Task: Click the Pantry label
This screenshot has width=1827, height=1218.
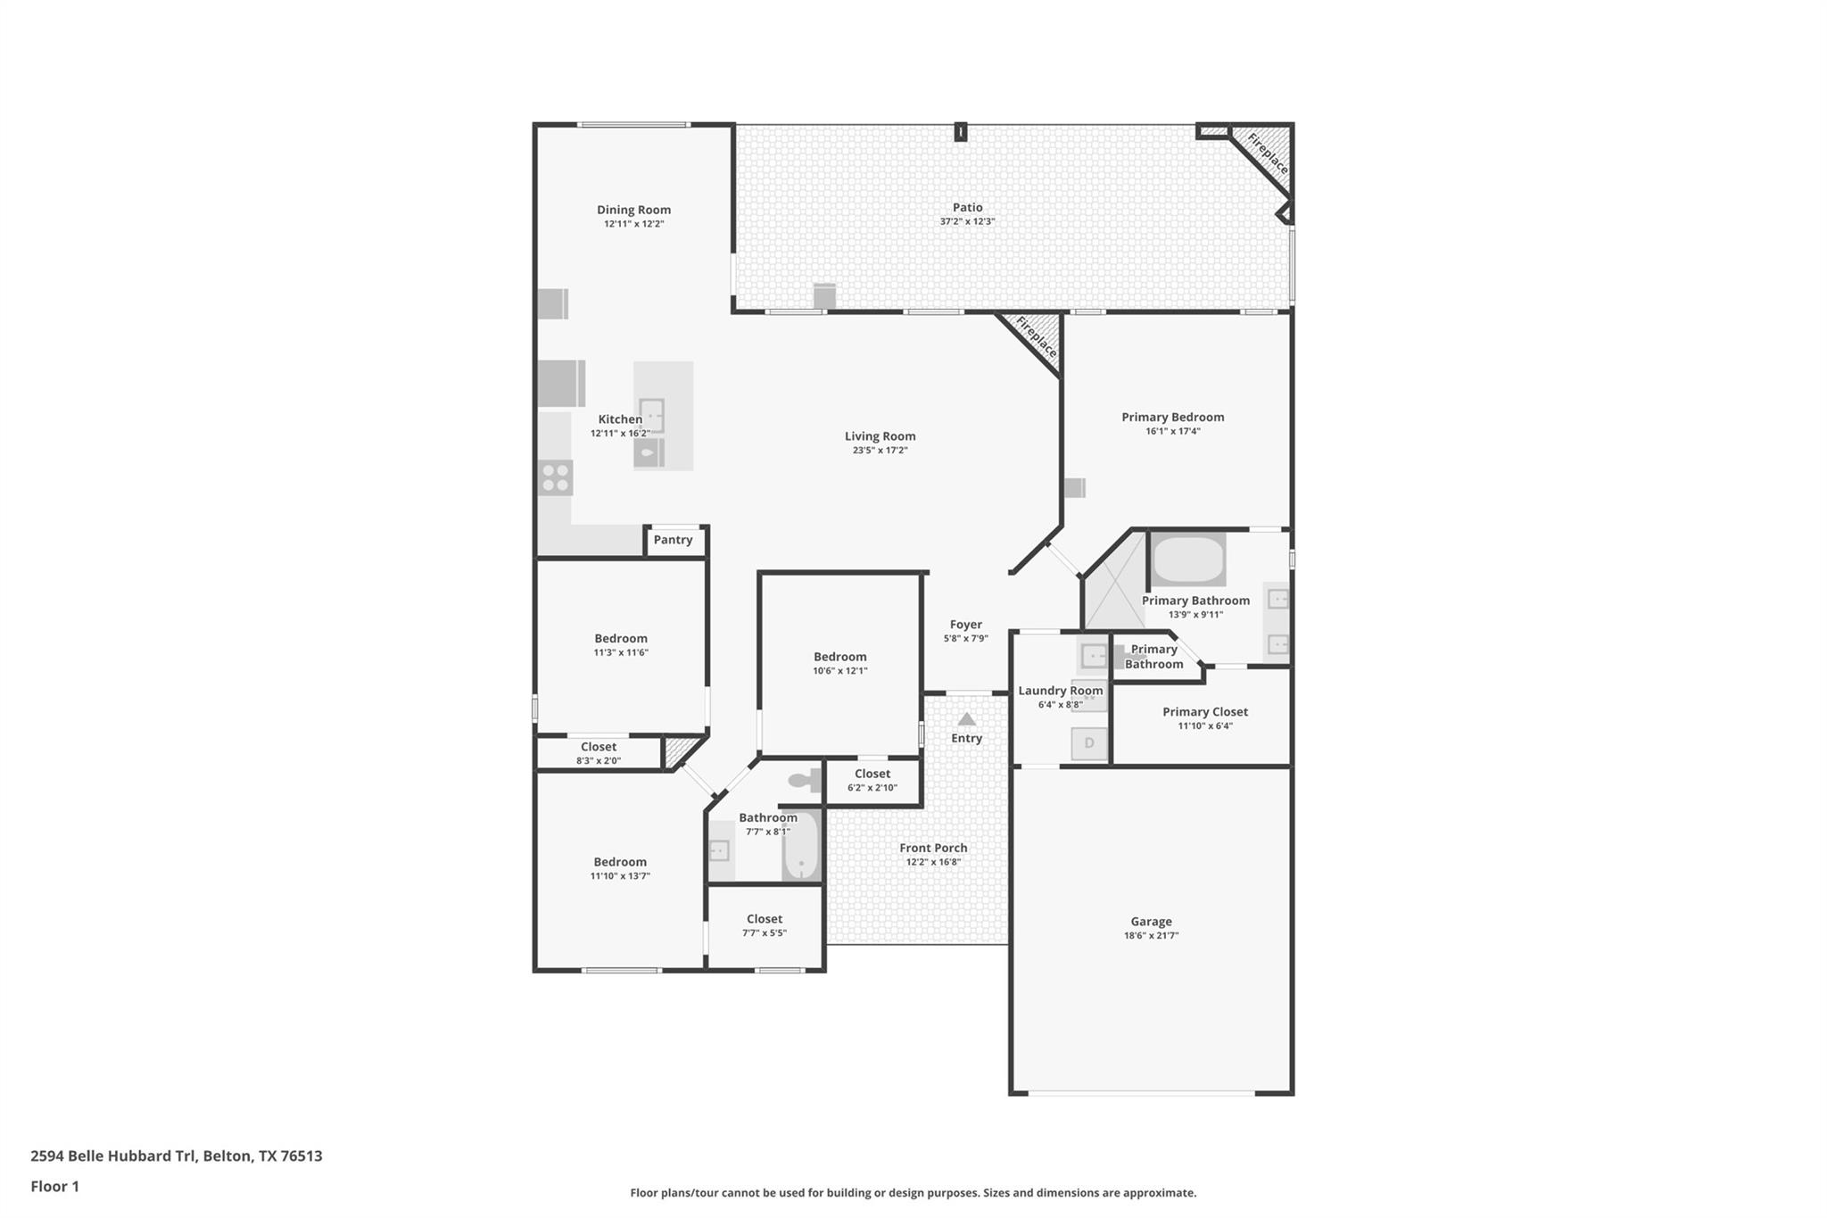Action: click(x=673, y=540)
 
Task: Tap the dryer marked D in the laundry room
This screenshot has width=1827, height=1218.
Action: click(x=1089, y=743)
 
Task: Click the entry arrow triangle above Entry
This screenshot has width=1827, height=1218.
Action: click(x=966, y=719)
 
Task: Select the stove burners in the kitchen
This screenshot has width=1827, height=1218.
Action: click(x=556, y=478)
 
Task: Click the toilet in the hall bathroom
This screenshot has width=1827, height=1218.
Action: click(x=806, y=781)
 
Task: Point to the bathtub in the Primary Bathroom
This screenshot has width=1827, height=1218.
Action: click(x=1188, y=560)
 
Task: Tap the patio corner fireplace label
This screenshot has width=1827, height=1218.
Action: click(x=1268, y=154)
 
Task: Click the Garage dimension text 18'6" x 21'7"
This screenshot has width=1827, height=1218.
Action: click(x=1151, y=936)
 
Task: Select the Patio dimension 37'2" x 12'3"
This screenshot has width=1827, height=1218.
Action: click(x=967, y=221)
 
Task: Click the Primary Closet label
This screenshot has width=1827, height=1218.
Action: click(x=1204, y=712)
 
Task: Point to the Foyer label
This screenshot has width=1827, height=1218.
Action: click(x=965, y=625)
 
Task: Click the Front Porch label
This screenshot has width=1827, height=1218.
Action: click(x=933, y=848)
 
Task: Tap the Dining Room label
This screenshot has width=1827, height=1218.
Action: click(x=633, y=210)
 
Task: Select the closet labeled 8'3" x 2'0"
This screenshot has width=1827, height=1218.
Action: click(x=599, y=753)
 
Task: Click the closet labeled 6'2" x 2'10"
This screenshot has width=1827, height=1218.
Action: click(x=872, y=780)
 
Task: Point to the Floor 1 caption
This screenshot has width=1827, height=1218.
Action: click(x=54, y=1186)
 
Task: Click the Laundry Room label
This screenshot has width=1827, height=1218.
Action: click(x=1060, y=691)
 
